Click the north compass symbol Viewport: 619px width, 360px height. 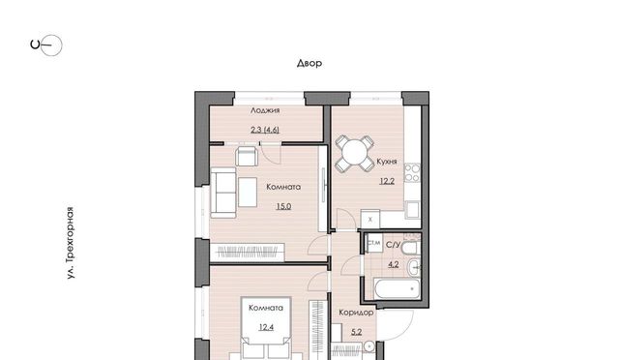click(x=46, y=45)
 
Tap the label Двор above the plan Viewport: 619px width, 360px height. click(x=309, y=63)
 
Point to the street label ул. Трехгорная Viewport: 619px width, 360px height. click(x=70, y=243)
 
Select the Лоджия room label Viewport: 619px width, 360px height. click(x=265, y=110)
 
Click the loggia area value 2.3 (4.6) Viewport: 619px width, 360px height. click(x=265, y=130)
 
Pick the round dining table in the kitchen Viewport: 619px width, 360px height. click(x=355, y=153)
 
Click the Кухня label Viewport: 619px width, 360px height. click(x=387, y=162)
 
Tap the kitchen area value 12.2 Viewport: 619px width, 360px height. click(x=387, y=181)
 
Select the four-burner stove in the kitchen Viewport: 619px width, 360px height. click(x=412, y=173)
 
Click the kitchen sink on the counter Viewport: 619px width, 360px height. click(x=413, y=209)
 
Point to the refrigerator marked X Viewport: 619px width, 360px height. click(x=369, y=219)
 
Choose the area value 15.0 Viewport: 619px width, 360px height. click(x=283, y=206)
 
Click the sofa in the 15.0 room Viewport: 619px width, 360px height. click(x=223, y=193)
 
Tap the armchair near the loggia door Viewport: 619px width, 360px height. click(x=248, y=156)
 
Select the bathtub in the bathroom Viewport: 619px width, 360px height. click(x=397, y=288)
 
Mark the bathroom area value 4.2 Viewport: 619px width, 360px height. click(x=394, y=264)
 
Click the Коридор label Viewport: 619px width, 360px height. click(x=356, y=313)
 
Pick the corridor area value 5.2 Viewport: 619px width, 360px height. click(x=357, y=332)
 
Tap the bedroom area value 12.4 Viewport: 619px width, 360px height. click(x=266, y=327)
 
